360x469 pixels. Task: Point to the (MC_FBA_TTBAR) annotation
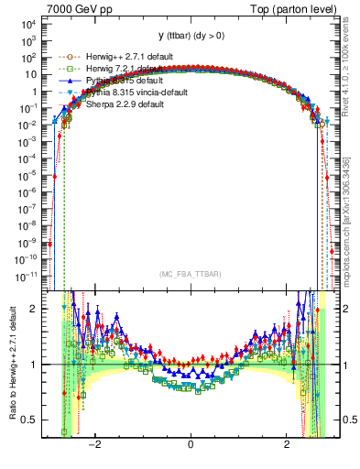point(190,275)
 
